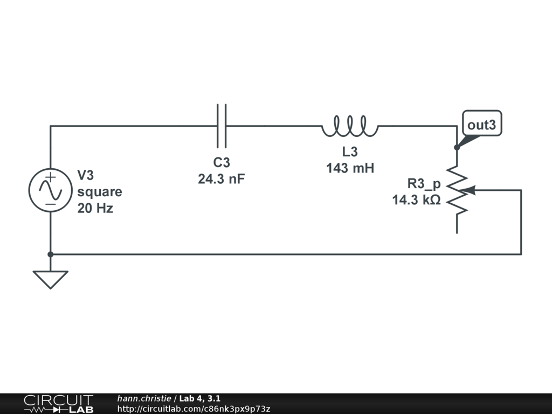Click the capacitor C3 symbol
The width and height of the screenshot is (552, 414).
click(x=222, y=126)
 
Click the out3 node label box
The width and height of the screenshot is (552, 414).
click(x=481, y=125)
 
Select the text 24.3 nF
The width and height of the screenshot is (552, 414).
click(x=221, y=179)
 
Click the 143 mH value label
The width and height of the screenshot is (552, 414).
click(x=350, y=168)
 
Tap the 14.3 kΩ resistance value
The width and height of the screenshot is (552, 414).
click(x=416, y=200)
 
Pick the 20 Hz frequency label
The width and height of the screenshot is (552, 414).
click(x=95, y=208)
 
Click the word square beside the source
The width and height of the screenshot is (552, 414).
click(x=100, y=192)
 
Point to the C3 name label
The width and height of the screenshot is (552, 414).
click(x=222, y=163)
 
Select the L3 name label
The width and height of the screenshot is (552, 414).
click(x=350, y=152)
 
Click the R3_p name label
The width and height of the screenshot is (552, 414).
click(x=424, y=183)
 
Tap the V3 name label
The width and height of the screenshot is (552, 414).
click(x=86, y=176)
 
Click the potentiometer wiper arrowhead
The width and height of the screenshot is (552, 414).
click(x=470, y=190)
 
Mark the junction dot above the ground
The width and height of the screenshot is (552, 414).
click(x=50, y=254)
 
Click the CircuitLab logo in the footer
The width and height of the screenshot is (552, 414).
click(x=58, y=404)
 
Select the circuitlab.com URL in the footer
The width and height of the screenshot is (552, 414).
click(x=194, y=409)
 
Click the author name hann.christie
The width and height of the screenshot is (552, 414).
click(x=144, y=398)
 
